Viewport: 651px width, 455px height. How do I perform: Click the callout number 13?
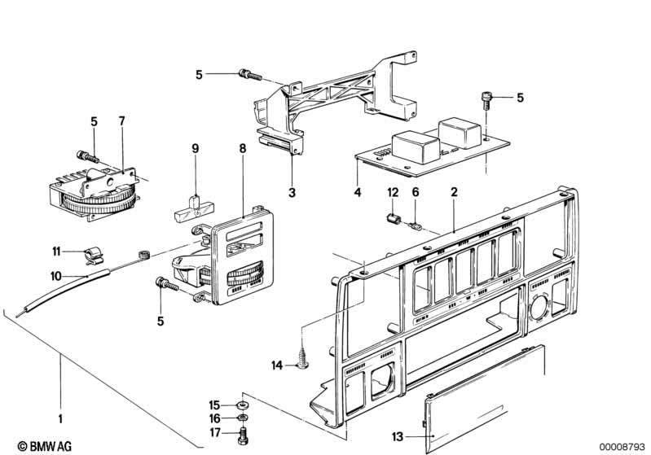tap(398, 436)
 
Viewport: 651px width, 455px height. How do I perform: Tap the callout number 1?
tap(60, 418)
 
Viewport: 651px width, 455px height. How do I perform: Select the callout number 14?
tap(277, 365)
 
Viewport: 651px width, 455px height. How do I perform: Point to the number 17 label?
tap(214, 432)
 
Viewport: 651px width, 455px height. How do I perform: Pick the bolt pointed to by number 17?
tap(243, 435)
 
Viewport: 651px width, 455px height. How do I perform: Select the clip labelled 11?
tap(93, 256)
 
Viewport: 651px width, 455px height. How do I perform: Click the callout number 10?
tap(56, 276)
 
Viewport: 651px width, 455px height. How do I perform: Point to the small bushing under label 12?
tap(394, 219)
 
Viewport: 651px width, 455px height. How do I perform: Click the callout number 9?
tap(195, 148)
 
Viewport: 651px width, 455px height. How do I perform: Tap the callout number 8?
tap(243, 148)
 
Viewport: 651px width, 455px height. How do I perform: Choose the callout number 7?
tap(121, 121)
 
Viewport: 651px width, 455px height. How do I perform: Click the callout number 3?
tap(293, 192)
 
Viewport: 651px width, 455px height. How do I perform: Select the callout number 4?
tap(358, 192)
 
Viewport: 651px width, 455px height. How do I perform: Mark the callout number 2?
tap(454, 191)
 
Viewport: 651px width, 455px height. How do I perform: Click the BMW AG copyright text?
tap(45, 446)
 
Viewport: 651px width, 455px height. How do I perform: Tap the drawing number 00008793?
tap(622, 447)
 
